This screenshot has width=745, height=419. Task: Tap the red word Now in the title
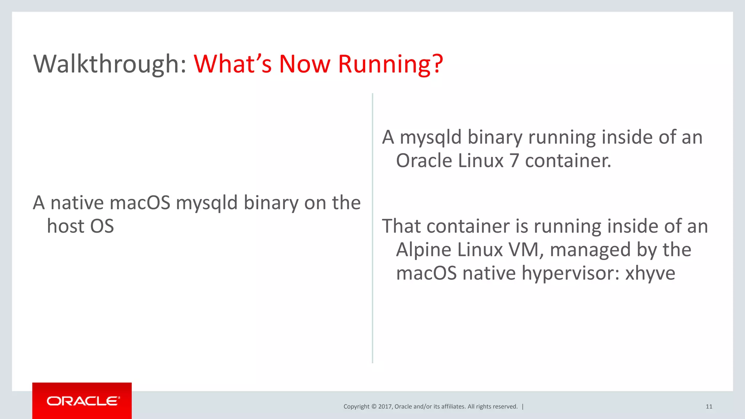pos(304,64)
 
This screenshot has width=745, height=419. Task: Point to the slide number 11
pos(709,407)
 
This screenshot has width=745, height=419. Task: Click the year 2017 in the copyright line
pos(385,407)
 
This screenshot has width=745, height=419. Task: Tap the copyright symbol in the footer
pos(374,407)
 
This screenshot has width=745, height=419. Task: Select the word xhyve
pos(650,273)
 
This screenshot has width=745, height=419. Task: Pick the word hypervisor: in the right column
pos(571,274)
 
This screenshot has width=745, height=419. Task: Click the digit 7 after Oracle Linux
pos(514,161)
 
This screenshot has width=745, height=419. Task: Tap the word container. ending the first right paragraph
pos(568,161)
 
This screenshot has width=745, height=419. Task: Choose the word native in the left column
pos(77,203)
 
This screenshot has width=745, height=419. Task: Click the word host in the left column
pos(66,226)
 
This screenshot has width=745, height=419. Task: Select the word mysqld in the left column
pos(207,203)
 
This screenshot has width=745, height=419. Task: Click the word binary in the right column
pos(495,138)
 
